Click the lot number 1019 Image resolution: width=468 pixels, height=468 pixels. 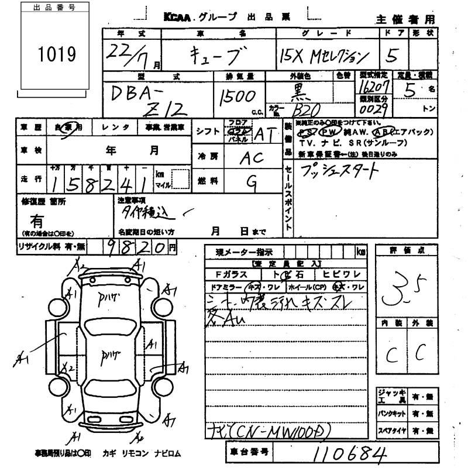(57, 55)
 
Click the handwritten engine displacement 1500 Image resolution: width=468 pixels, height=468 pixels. (237, 96)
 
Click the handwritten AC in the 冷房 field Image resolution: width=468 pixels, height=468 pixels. (252, 158)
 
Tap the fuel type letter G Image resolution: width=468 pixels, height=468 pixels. (252, 181)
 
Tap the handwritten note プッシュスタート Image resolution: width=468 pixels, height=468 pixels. (339, 171)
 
